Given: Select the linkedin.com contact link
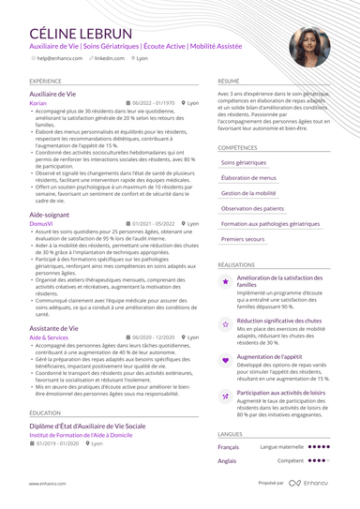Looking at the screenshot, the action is tap(109, 58).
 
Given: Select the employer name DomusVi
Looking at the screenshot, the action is tap(41, 224).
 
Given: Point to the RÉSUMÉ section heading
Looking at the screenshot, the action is tap(229, 82).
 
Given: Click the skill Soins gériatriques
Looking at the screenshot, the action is tap(245, 162).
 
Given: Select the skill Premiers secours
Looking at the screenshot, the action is tap(244, 239).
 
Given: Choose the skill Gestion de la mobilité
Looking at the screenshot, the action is tap(248, 193).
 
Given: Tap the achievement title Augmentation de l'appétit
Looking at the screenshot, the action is tap(270, 356).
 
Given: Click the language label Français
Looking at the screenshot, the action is tap(228, 447).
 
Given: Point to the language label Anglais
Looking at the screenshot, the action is tap(227, 461).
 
